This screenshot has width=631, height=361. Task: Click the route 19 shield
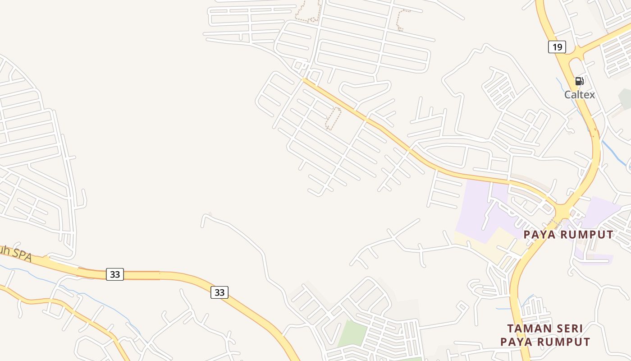point(557,47)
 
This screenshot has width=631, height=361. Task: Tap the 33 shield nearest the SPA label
point(115,274)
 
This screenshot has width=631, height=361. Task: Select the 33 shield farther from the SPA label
point(219,292)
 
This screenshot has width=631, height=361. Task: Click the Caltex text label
point(580,95)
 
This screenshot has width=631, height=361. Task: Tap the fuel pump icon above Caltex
point(580,81)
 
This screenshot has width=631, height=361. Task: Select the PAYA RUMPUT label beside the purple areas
point(568,235)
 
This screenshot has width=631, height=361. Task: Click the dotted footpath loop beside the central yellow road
point(333,118)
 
